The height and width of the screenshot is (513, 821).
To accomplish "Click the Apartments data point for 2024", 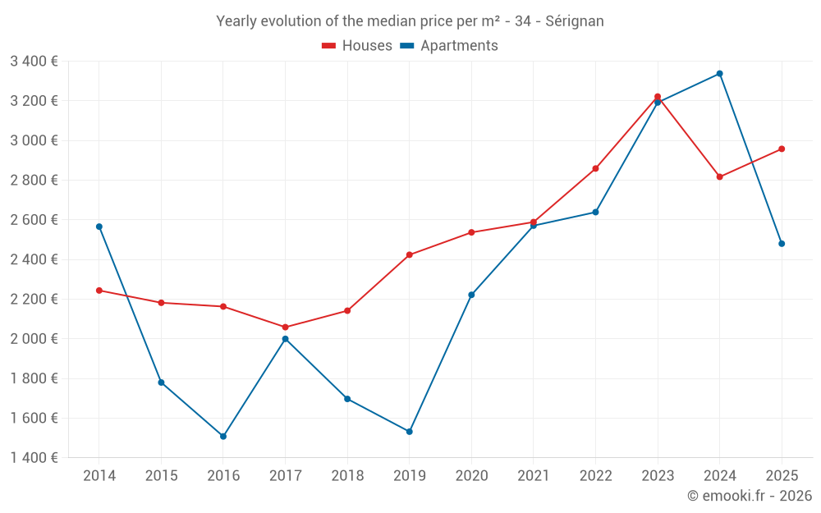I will pos(719,74).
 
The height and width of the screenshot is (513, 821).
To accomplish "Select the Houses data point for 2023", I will pos(658,97).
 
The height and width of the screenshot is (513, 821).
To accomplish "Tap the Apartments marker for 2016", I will pos(223,437).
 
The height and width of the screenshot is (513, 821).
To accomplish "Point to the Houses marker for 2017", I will pos(285,327).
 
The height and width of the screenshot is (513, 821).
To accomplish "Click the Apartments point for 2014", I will pos(99,227).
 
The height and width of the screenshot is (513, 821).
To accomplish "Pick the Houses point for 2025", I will pos(782,149).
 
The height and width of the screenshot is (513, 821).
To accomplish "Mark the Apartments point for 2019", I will pos(410,432).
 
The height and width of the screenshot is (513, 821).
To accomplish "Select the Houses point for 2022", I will pos(595,168).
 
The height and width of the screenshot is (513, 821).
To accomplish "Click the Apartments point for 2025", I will pos(782,244).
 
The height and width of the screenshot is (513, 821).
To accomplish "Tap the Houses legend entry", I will pos(357,46).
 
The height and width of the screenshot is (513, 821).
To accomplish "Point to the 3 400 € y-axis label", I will pos(34,61).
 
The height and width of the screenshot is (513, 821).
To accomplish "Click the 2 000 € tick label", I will pos(34,339).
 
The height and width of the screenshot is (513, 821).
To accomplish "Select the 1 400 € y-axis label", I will pos(34,458).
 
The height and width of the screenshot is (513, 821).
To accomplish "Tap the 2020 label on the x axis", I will pos(471,476).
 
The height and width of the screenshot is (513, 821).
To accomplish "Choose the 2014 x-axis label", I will pos(99,476).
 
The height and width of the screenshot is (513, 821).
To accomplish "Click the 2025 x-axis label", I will pos(782,476).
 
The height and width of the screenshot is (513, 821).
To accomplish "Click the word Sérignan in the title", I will pos(574,21).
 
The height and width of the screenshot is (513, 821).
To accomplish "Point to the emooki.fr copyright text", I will pos(749,496).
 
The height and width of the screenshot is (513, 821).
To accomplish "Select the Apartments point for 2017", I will pos(285,339).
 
